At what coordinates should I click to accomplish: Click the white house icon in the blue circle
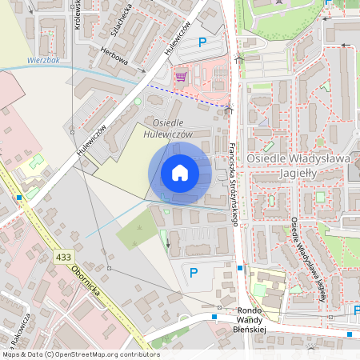point(180,173)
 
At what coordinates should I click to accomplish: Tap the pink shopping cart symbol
point(180,78)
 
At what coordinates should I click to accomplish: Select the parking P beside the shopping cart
point(202,42)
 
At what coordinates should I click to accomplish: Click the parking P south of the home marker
point(193,274)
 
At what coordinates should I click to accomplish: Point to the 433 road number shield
point(65,257)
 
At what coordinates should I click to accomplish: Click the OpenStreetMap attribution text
point(80,354)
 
